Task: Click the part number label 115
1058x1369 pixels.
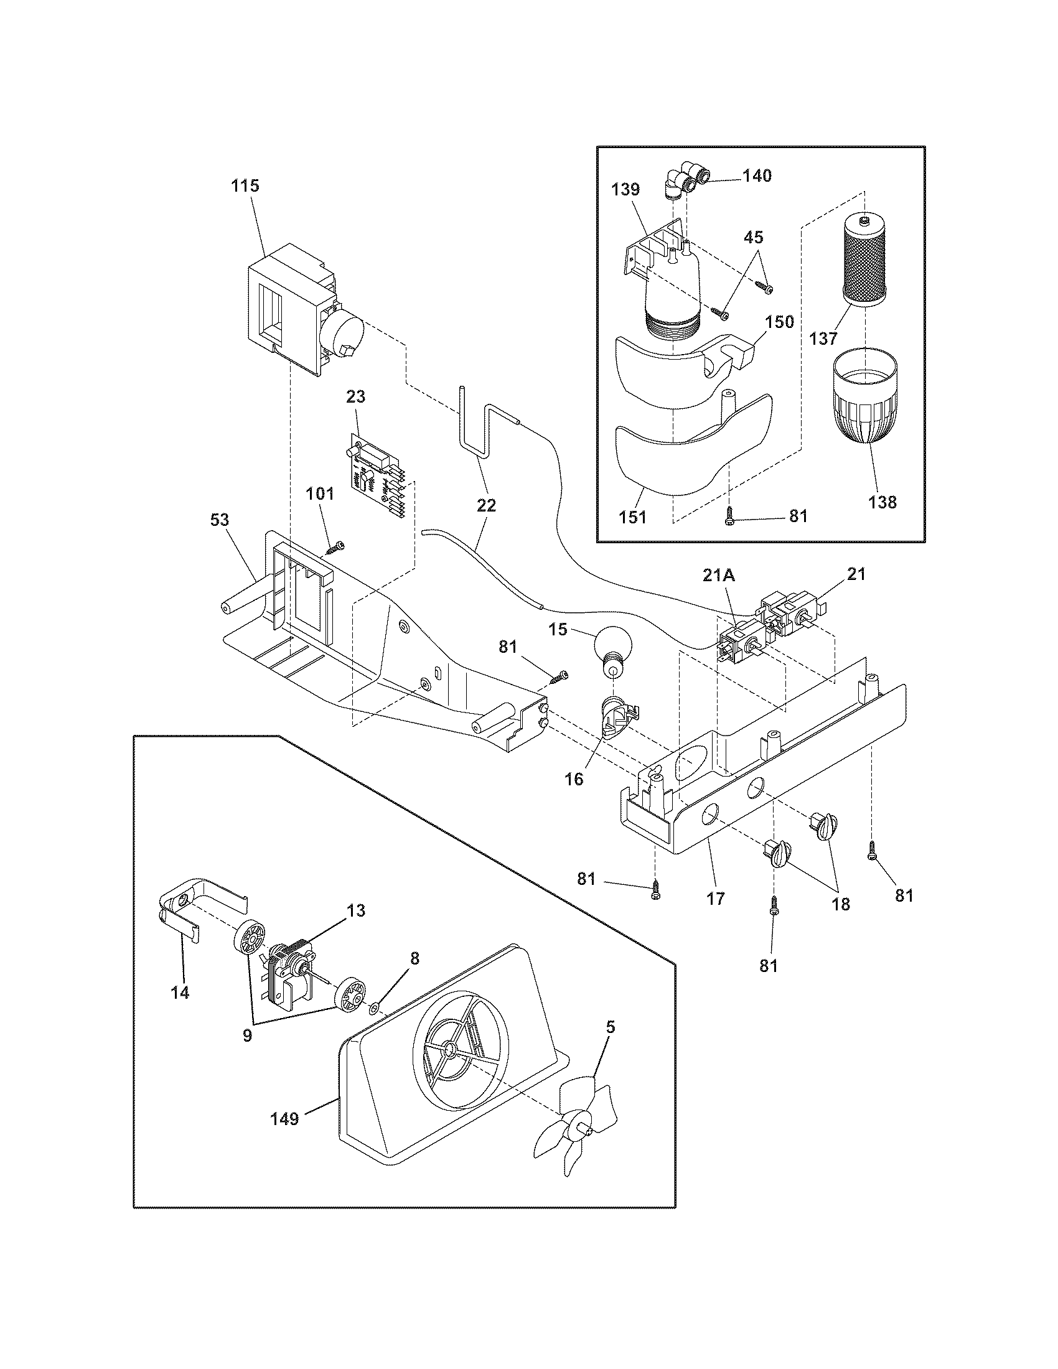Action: click(x=245, y=186)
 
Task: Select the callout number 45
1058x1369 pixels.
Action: click(x=754, y=237)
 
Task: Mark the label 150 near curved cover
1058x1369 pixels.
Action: click(x=780, y=322)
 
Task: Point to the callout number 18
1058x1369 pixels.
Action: click(x=841, y=904)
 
